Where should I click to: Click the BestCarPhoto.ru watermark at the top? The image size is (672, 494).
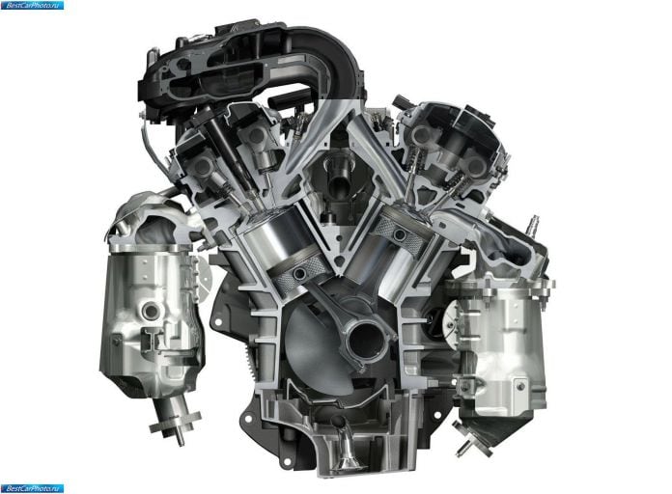pyautogui.click(x=32, y=5)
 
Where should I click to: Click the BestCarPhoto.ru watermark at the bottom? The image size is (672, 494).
pyautogui.click(x=32, y=488)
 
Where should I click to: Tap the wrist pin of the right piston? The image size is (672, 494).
pyautogui.click(x=401, y=233)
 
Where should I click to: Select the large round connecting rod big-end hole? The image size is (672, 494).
pyautogui.click(x=367, y=341)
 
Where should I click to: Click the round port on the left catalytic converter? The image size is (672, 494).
pyautogui.click(x=151, y=310)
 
